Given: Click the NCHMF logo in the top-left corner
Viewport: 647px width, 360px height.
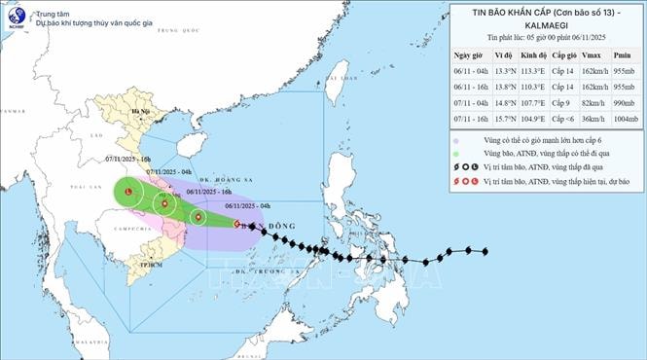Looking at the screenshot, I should pyautogui.click(x=18, y=17).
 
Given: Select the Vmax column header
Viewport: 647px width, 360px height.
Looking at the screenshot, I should pyautogui.click(x=590, y=56).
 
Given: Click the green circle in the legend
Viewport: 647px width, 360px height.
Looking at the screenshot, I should pyautogui.click(x=456, y=152).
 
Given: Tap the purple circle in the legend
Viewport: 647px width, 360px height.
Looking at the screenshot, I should pyautogui.click(x=456, y=139).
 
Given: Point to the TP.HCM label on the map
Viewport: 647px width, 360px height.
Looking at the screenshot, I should pyautogui.click(x=151, y=264).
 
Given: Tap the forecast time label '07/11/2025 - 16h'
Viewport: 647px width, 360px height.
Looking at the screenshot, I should pyautogui.click(x=128, y=158).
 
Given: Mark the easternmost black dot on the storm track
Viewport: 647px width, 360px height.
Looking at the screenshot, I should pyautogui.click(x=485, y=252).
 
